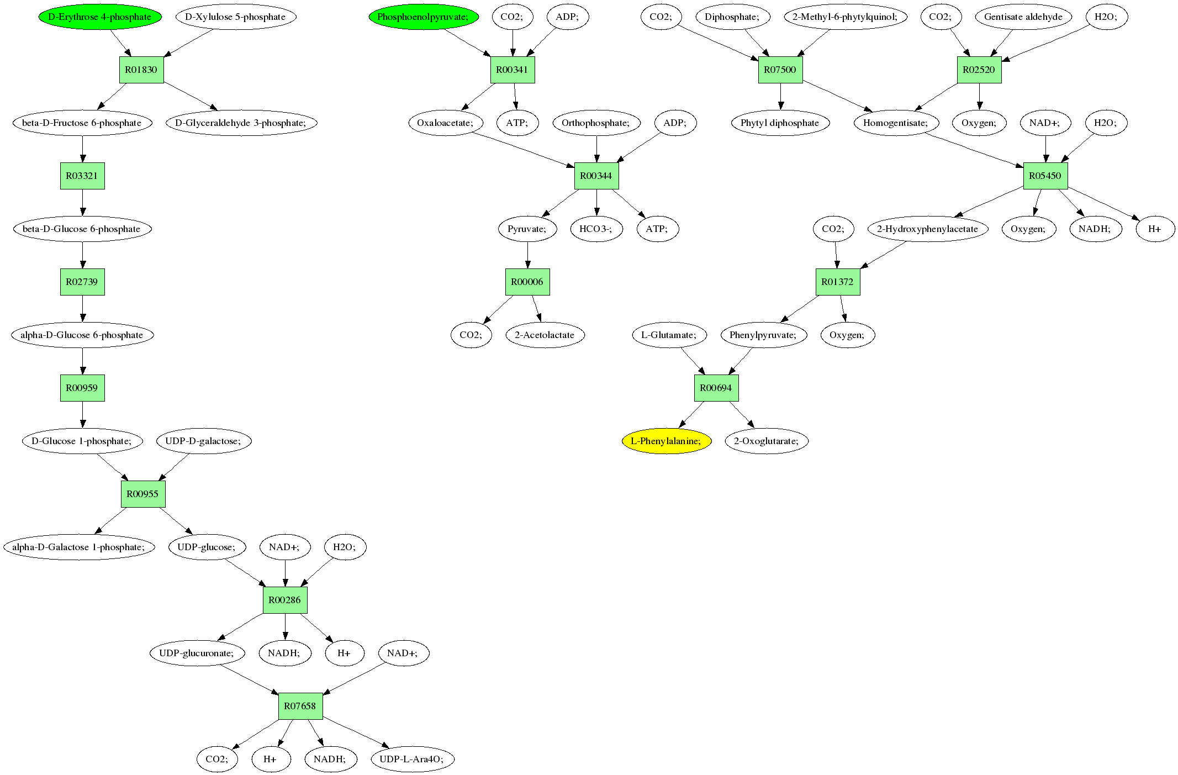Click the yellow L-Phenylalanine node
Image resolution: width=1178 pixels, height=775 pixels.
tap(666, 441)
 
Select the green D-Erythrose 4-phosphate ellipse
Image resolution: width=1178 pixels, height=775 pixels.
tap(100, 17)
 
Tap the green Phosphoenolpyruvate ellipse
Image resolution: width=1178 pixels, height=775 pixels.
tap(424, 17)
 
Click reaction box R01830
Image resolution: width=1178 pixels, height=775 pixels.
tap(141, 70)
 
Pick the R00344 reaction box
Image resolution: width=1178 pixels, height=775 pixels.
tap(596, 176)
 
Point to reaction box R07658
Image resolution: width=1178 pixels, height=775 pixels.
tap(300, 706)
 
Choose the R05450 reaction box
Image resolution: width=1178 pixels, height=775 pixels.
tap(1045, 176)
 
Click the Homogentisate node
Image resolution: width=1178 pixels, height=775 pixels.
tap(896, 123)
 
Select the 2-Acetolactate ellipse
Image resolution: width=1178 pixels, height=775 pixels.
tap(545, 335)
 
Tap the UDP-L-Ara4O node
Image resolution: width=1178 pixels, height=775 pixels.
tap(413, 759)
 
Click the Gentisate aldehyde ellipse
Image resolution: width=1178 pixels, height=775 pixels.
tap(1023, 17)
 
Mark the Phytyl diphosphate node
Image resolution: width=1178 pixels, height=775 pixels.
tap(780, 123)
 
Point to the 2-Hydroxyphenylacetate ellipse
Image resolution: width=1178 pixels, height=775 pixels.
tap(928, 229)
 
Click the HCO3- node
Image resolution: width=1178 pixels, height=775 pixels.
tap(596, 229)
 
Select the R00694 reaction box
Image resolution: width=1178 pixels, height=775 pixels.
tap(716, 388)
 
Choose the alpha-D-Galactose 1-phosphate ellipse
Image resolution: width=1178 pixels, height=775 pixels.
tap(80, 547)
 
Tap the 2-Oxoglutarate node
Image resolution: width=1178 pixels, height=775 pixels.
tap(766, 441)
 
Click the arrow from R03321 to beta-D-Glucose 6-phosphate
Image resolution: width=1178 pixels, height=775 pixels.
tap(83, 203)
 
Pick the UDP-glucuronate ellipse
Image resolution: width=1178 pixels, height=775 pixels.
tap(197, 653)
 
